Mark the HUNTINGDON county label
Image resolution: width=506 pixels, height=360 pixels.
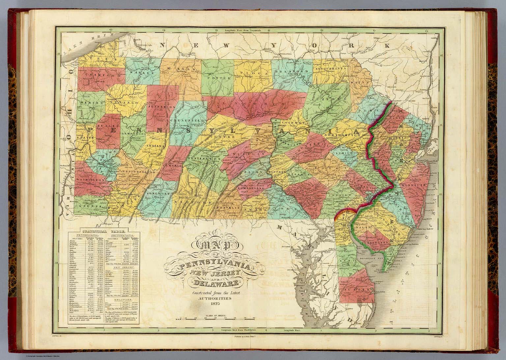point(206,159)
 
